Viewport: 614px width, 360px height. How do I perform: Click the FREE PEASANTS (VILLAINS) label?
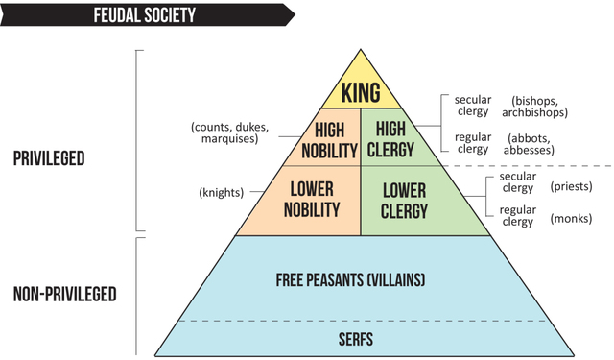tap(362, 279)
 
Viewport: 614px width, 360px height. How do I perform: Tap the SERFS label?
tap(361, 338)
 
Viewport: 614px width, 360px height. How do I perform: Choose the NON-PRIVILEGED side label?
tap(65, 293)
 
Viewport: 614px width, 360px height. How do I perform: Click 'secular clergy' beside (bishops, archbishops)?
tap(472, 106)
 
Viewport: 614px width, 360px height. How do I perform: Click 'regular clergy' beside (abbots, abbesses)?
tap(472, 142)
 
